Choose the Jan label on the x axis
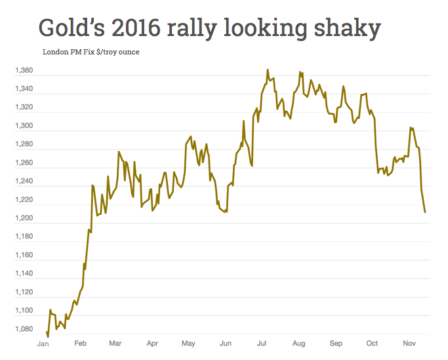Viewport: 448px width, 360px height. coord(43,343)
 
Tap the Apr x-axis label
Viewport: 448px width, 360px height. coord(152,343)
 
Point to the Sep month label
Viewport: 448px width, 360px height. coord(336,343)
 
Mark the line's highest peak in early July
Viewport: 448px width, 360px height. coord(268,70)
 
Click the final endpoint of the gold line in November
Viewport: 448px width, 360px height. coord(425,212)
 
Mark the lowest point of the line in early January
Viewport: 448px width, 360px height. coord(48,336)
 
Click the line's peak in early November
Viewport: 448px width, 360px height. coord(411,127)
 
